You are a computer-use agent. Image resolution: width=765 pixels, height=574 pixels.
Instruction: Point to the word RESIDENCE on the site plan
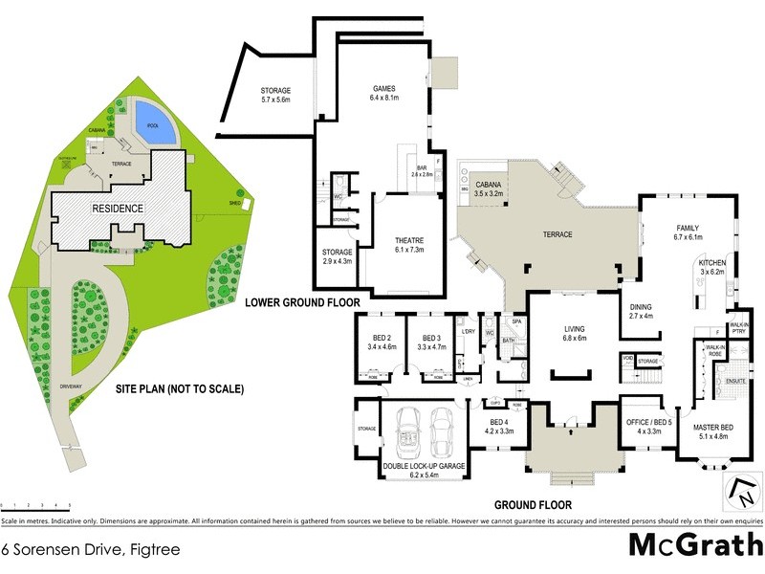pos(118,209)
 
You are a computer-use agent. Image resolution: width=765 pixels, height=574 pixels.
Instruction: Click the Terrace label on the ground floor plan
pos(557,234)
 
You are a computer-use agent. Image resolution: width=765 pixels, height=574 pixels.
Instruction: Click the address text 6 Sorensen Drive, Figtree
pos(90,550)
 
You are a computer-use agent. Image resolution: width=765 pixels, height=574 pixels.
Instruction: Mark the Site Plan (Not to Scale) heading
pos(180,389)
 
